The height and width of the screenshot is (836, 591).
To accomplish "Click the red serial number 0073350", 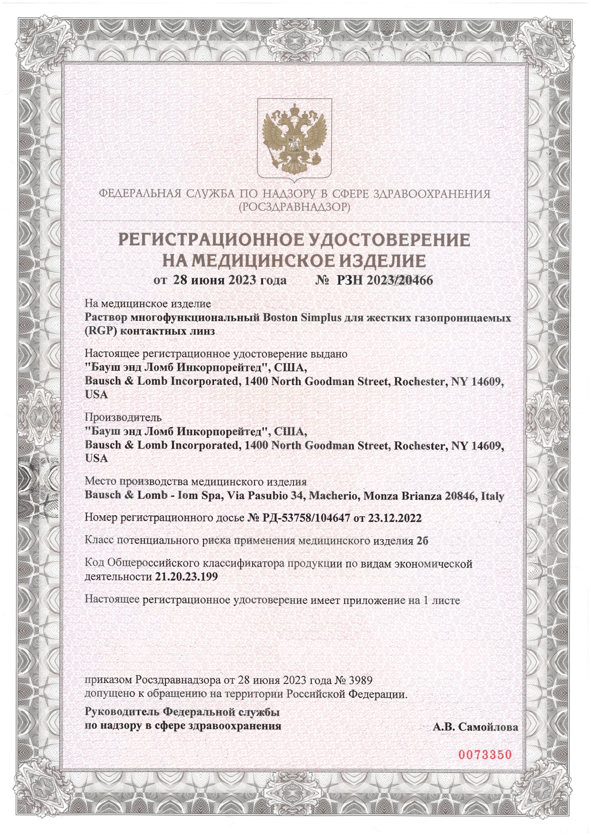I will tap(485, 755).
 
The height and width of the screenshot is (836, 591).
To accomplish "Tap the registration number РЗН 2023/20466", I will tap(385, 280).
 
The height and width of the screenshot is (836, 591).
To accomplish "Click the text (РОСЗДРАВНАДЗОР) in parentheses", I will tap(295, 207).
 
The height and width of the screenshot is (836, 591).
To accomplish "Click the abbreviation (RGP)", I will tap(101, 332).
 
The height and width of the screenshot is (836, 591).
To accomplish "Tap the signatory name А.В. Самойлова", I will tap(475, 727).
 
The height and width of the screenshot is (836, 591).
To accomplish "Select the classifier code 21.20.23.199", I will tap(186, 577).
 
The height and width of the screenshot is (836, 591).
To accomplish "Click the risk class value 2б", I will tap(422, 541).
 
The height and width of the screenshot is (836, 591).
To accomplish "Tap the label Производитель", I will tap(123, 417).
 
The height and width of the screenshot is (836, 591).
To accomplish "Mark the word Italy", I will tap(492, 496).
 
